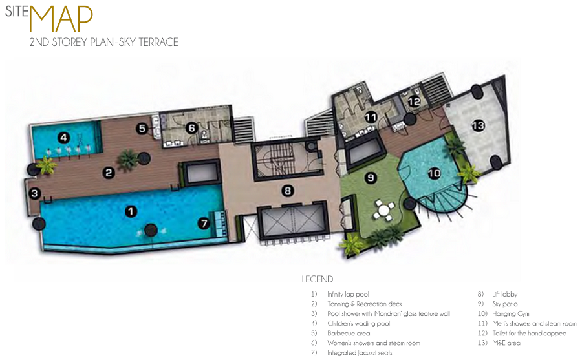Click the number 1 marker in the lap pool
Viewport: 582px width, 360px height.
click(x=130, y=211)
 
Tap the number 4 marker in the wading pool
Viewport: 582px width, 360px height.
click(x=64, y=138)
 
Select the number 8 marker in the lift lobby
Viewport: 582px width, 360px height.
click(x=288, y=191)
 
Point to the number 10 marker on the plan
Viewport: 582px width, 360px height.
click(x=434, y=173)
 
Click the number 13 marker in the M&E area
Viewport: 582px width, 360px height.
click(x=478, y=126)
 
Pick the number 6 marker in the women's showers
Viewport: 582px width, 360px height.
click(x=191, y=128)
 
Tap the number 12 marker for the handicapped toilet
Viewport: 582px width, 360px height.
click(x=415, y=101)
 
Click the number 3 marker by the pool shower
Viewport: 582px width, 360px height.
click(x=34, y=193)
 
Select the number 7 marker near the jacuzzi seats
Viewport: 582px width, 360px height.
click(x=204, y=223)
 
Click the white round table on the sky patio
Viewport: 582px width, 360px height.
click(x=384, y=211)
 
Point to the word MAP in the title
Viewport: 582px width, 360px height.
click(x=61, y=19)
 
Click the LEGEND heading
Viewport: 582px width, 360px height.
click(x=318, y=279)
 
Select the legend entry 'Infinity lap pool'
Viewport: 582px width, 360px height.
click(x=348, y=294)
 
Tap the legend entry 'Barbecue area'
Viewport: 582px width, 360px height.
click(x=349, y=334)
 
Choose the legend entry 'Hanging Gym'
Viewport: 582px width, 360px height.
click(x=511, y=314)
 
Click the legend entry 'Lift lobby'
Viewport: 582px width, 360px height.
click(x=505, y=294)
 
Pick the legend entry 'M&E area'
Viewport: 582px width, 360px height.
click(x=506, y=343)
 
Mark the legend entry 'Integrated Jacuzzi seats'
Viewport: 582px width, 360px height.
click(x=360, y=353)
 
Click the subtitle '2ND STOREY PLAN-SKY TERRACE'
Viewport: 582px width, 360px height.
click(x=104, y=42)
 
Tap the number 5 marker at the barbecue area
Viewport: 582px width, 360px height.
click(x=142, y=129)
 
